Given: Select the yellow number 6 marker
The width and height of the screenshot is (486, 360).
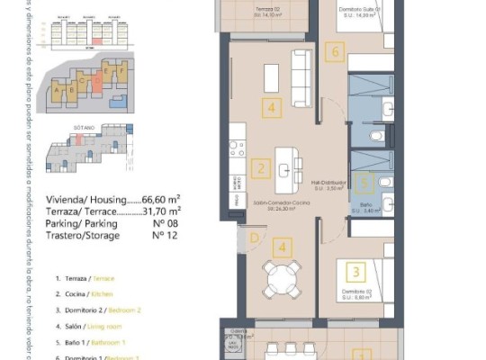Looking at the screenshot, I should pyautogui.click(x=336, y=52).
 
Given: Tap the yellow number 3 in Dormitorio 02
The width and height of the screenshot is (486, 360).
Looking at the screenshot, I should pyautogui.click(x=357, y=271).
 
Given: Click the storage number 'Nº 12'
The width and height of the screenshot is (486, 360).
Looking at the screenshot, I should pyautogui.click(x=161, y=236).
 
